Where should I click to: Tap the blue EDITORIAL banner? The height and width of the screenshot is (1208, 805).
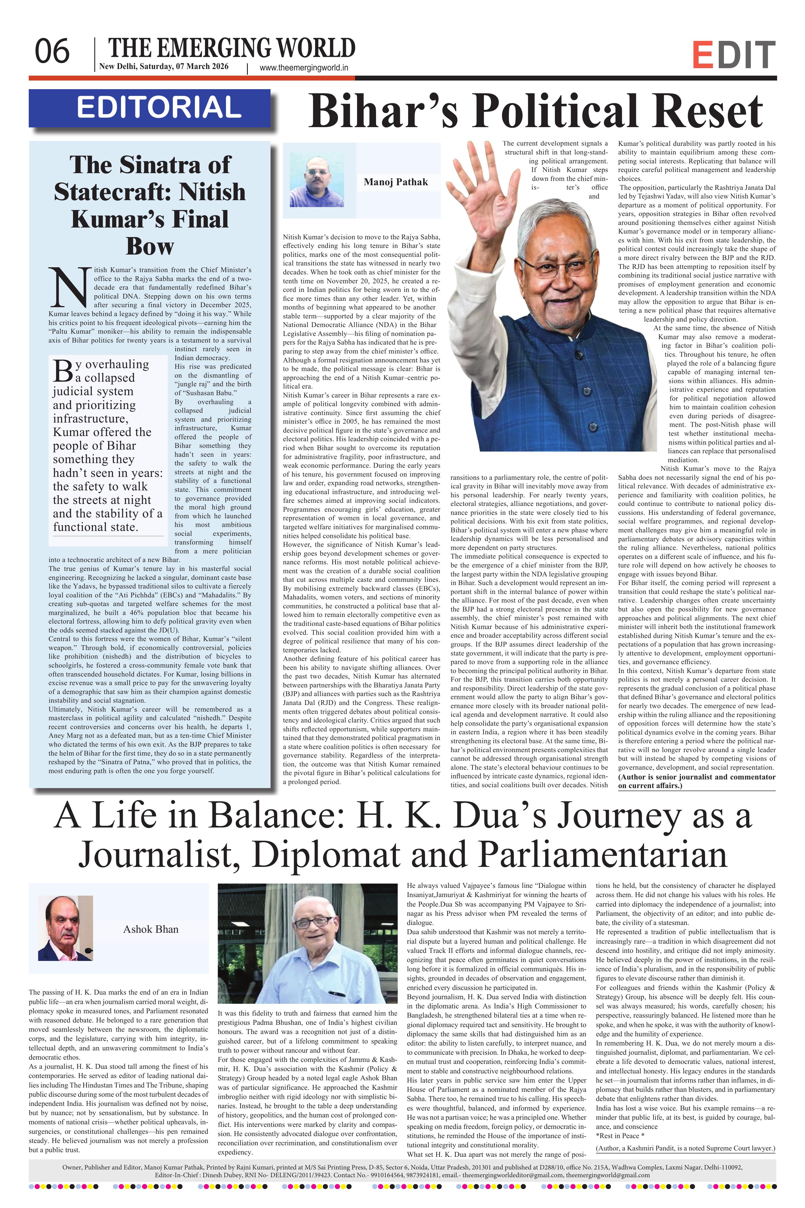pos(149,108)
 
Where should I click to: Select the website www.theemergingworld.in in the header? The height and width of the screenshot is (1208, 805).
pos(304,67)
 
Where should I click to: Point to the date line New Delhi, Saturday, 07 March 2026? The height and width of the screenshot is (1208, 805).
pos(164,66)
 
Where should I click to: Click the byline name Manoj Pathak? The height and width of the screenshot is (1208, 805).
pos(395,182)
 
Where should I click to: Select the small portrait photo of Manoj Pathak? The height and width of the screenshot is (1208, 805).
pos(316,181)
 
